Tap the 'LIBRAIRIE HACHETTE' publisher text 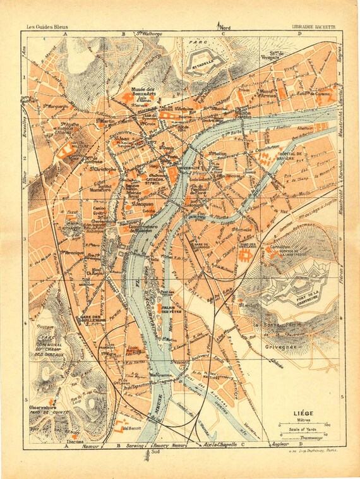point(313,27)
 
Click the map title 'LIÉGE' point(304,415)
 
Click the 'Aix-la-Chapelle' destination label point(218,446)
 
